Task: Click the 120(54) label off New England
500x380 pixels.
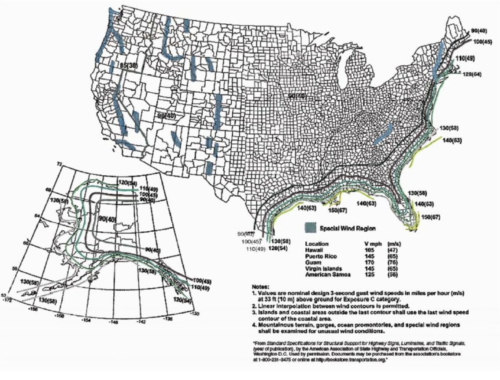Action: (471, 74)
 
